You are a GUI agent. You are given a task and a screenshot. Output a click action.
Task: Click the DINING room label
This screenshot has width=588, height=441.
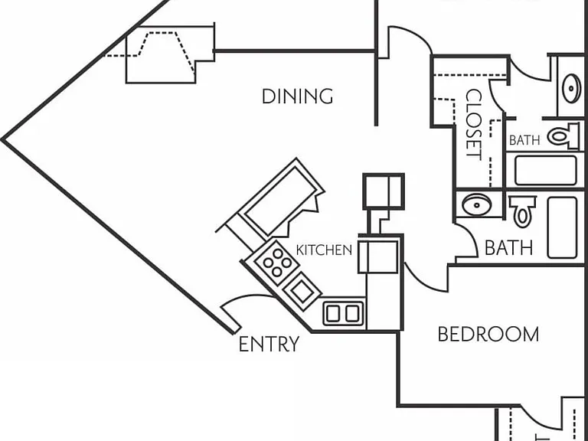pos(297,96)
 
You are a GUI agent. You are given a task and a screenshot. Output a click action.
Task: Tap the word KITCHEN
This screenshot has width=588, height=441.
pos(324,250)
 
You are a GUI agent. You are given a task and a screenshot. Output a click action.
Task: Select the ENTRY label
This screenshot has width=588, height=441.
pos(269,344)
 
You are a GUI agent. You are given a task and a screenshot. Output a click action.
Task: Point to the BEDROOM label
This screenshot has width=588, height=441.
pos(488,334)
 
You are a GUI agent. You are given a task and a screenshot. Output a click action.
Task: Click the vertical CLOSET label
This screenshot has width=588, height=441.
pos(473,125)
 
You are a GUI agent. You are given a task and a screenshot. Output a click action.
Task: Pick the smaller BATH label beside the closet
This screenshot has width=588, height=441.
pos(524,140)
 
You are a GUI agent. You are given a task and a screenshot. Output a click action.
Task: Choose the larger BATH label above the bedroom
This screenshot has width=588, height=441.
pos(508,248)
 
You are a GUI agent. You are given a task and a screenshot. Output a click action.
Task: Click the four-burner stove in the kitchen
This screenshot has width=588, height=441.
pos(276,263)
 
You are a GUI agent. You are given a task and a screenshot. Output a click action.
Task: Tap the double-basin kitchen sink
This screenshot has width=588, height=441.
pos(343,313)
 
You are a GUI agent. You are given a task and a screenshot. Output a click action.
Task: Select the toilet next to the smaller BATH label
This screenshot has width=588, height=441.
pos(563,136)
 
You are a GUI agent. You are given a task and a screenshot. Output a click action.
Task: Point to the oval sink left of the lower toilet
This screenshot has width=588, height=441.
pos(477,204)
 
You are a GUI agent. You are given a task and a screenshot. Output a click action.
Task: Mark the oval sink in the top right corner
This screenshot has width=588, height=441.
pos(571,89)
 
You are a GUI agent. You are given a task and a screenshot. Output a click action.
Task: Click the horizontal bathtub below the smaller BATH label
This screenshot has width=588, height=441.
pos(546,171)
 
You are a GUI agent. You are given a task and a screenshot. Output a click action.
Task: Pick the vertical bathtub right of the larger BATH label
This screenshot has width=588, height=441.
pos(562,227)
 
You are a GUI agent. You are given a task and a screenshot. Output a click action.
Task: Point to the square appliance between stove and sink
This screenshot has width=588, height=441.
pos(302,292)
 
